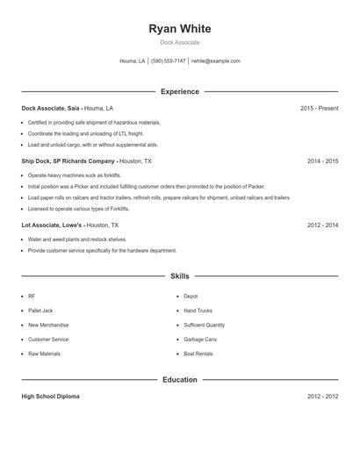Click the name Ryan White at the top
(x=180, y=29)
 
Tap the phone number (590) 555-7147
(x=168, y=61)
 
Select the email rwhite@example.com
(x=216, y=61)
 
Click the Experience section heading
(x=180, y=91)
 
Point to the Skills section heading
(x=180, y=275)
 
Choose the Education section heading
(x=180, y=380)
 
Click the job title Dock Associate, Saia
(x=50, y=108)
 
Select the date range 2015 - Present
(x=319, y=108)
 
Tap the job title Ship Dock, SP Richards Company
(x=69, y=161)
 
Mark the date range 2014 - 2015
(x=322, y=161)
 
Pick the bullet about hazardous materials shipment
(x=94, y=123)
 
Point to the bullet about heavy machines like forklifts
(x=75, y=175)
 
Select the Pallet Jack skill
(x=41, y=311)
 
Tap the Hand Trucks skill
(x=199, y=311)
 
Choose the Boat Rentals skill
(x=198, y=354)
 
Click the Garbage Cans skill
(x=200, y=340)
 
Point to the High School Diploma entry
(x=50, y=397)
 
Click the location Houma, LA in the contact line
(x=132, y=61)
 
